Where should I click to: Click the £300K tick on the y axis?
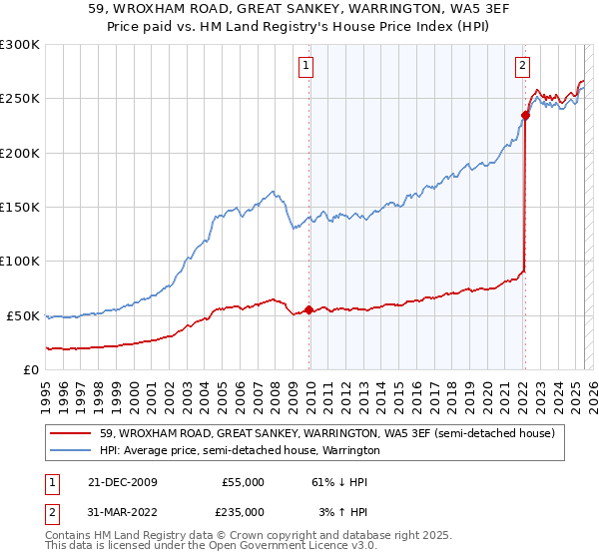[19, 45]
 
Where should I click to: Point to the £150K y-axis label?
[19, 207]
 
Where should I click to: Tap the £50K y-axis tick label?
[23, 315]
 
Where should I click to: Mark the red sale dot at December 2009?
[309, 309]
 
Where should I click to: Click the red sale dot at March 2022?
[525, 115]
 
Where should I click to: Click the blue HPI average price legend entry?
[240, 450]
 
